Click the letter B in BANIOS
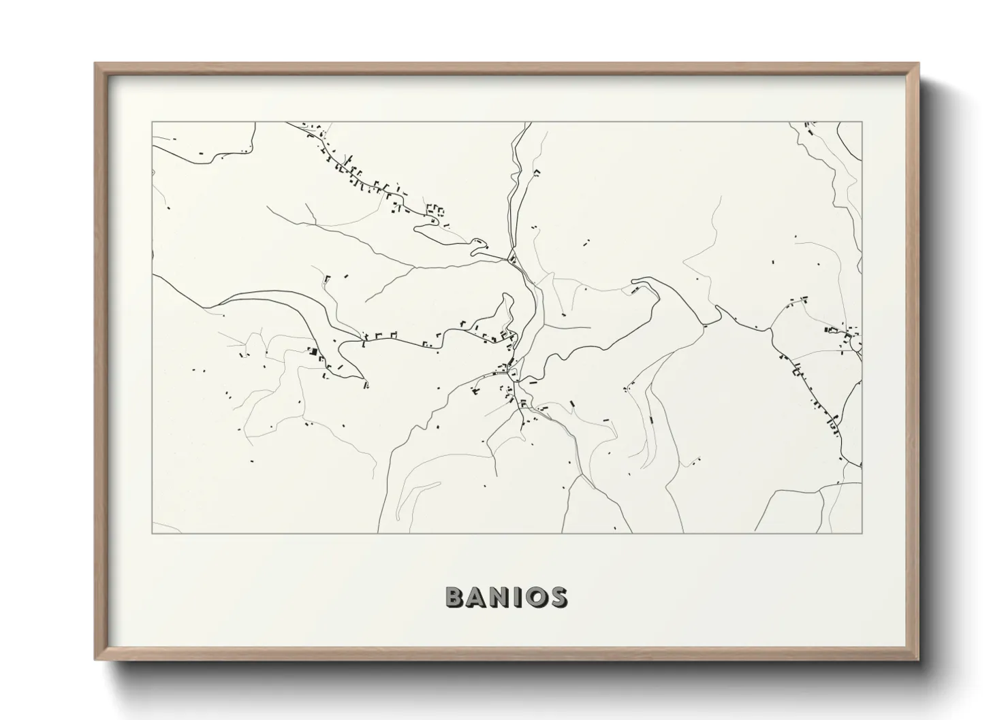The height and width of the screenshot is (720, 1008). coord(456,597)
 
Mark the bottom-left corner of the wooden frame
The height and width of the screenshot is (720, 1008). coord(95,659)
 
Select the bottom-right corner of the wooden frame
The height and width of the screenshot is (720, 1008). coord(919,659)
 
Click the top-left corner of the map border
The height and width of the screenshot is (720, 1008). coord(152,122)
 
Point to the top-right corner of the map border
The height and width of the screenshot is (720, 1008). coord(862,122)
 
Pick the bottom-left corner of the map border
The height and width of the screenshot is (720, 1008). coord(152,533)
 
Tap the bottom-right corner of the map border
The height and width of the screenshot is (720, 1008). coord(862,533)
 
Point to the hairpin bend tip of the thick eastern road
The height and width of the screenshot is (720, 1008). coord(637,280)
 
